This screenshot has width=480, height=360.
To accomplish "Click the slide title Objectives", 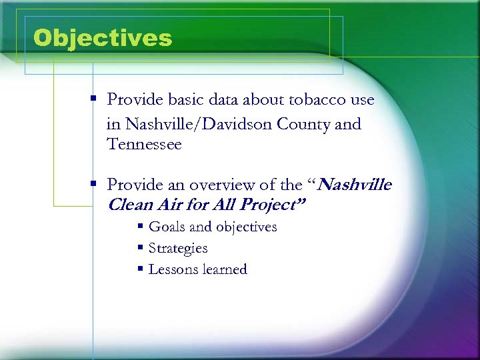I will (102, 37).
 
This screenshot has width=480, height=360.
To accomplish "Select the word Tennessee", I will (144, 144).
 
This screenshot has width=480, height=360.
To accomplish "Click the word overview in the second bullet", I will (221, 184).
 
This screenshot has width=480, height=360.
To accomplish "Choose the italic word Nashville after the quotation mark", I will (355, 184).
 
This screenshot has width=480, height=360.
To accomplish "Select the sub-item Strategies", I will (178, 248).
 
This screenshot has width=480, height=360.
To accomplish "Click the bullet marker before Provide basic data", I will (95, 100).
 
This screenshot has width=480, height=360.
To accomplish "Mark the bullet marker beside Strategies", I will (141, 248).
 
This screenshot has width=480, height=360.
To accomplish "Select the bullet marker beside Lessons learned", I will (141, 269).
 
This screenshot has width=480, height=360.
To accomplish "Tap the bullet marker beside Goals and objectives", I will (141, 227).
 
